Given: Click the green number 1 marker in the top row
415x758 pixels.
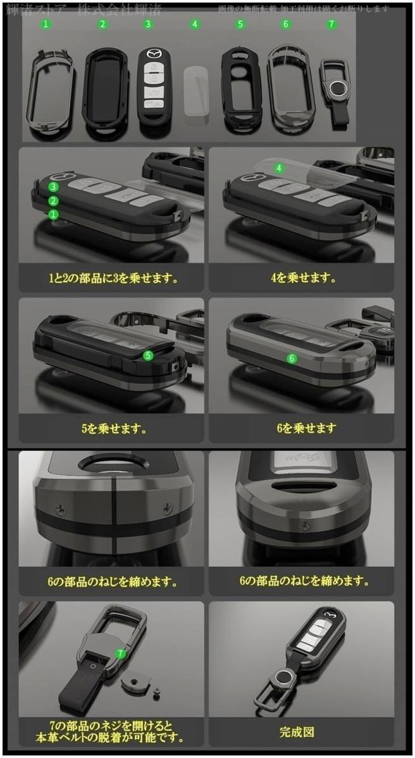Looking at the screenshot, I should [45, 24].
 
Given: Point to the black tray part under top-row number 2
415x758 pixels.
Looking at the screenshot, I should [104, 88].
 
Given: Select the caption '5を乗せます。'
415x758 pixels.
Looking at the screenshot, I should [114, 428].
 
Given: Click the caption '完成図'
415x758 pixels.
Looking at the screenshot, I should [297, 732].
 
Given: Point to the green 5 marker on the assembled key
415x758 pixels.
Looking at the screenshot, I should [148, 355].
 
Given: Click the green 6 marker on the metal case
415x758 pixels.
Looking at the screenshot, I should [292, 358].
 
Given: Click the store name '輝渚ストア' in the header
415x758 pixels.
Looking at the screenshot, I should [37, 9].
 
